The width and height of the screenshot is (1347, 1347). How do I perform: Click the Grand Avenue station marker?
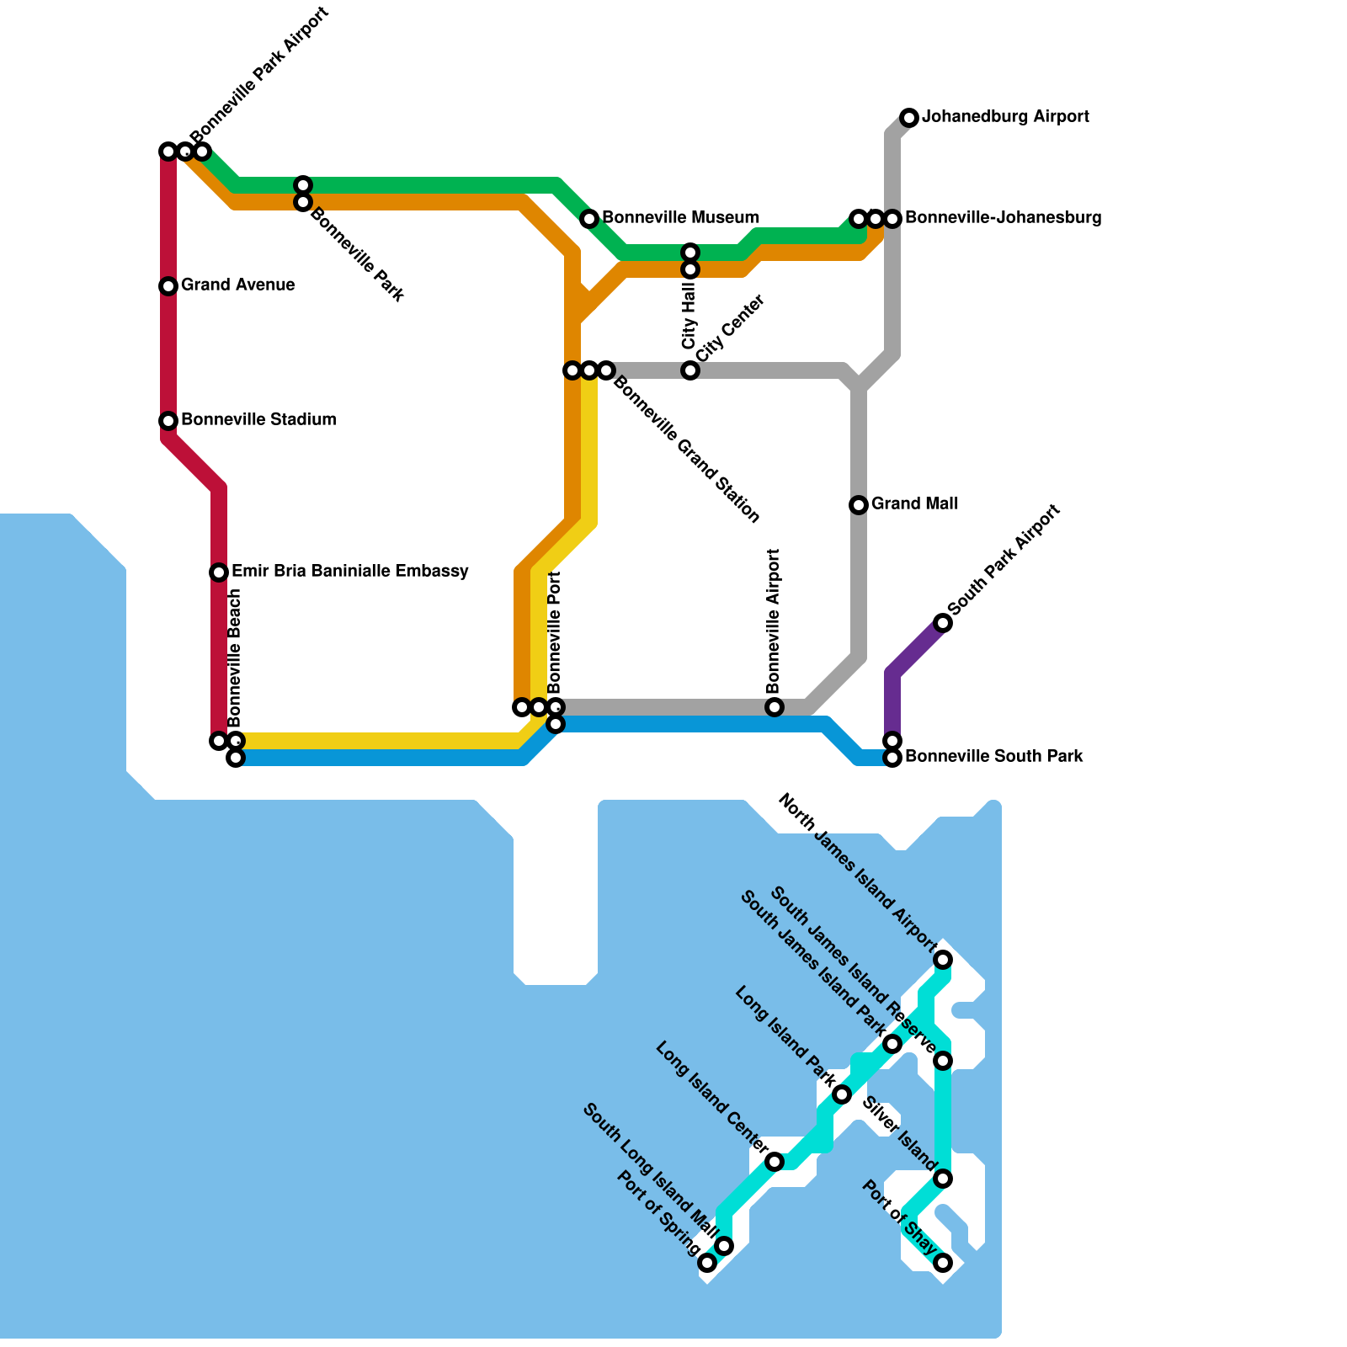(x=168, y=286)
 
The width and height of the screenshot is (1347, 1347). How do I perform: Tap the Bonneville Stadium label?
(x=258, y=419)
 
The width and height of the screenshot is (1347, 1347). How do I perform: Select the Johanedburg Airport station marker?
(x=909, y=118)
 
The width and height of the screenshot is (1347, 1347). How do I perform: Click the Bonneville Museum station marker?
(x=589, y=219)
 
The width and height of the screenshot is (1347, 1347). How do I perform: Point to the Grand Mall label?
(x=914, y=503)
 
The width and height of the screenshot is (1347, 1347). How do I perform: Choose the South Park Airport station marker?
(x=943, y=623)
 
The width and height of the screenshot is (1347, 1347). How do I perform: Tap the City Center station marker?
(x=690, y=370)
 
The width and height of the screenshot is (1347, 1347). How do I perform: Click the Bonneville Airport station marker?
(x=775, y=707)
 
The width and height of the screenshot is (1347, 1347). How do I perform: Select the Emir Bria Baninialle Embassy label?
(x=349, y=571)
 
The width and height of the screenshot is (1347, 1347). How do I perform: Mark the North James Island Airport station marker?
(x=943, y=960)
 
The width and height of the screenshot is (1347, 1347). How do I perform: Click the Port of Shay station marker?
(x=943, y=1263)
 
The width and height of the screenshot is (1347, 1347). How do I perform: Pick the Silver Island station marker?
(x=943, y=1179)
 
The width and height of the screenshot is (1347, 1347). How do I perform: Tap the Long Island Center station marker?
(x=775, y=1162)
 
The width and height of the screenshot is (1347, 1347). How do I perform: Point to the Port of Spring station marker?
(x=707, y=1263)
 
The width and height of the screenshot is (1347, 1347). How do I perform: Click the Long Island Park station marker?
(x=842, y=1094)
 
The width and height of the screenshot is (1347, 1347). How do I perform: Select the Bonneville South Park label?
(x=993, y=756)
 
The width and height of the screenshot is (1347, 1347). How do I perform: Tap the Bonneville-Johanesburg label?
(x=1003, y=217)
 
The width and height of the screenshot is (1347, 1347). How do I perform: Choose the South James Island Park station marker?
(x=892, y=1044)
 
